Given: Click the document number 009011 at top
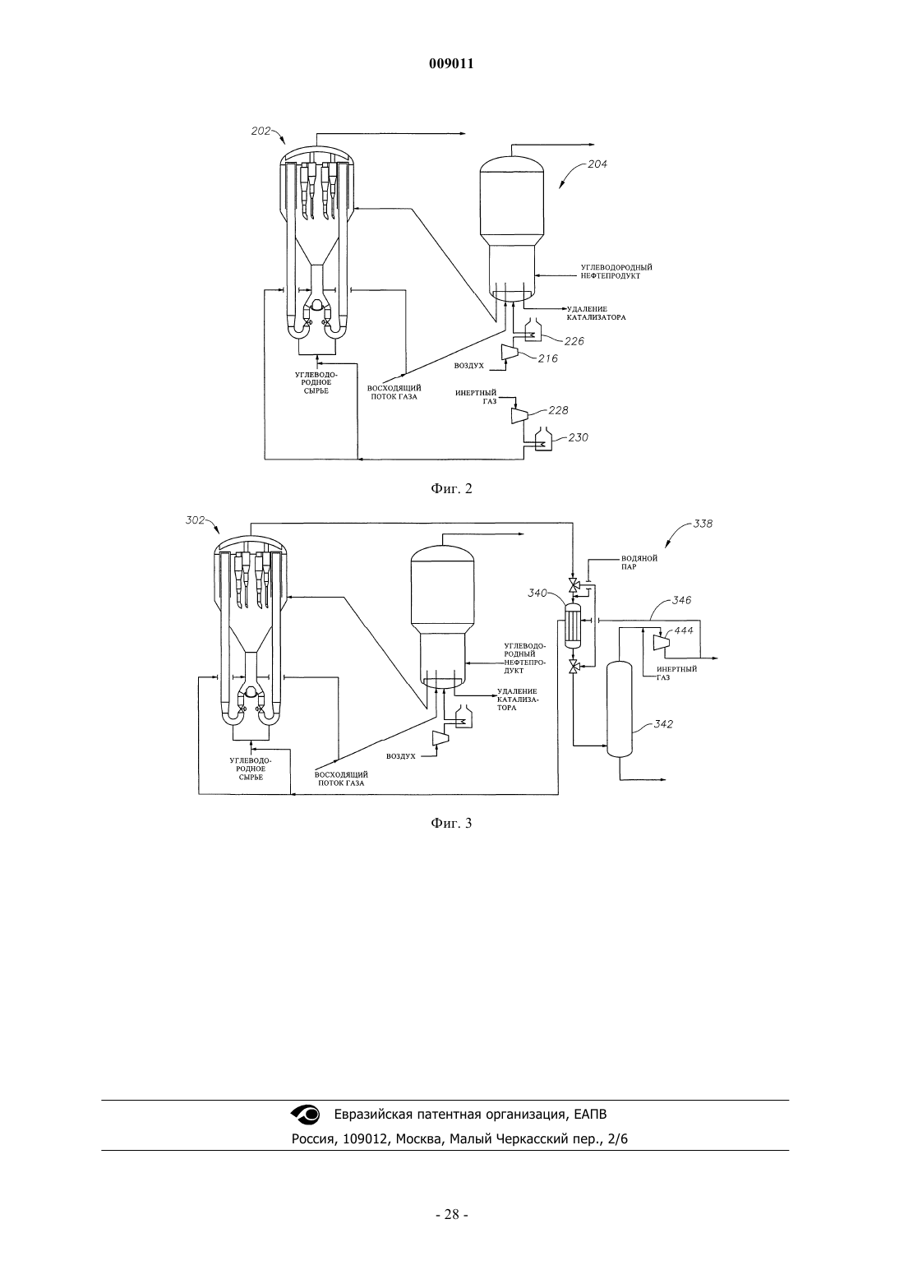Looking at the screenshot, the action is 451,64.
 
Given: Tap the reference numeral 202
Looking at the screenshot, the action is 261,131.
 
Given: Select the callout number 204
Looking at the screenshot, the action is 597,164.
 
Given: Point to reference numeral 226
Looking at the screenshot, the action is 574,341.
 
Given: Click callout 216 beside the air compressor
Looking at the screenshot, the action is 548,358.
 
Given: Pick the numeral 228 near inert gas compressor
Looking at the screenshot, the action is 558,410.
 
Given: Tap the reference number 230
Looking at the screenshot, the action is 578,437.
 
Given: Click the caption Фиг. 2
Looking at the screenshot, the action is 451,489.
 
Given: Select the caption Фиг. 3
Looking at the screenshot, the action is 451,824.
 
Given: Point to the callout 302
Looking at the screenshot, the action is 196,520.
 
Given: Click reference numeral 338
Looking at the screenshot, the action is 703,524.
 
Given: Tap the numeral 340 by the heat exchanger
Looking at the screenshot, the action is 537,593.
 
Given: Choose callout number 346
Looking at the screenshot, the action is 681,600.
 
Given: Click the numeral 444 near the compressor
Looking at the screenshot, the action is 684,631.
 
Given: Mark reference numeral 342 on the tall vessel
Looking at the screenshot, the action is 663,724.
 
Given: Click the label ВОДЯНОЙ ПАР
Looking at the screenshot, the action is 639,563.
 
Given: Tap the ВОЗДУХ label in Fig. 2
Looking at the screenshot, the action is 469,366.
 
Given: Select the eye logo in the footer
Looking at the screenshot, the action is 306,1115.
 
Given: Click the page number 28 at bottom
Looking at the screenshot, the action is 451,1215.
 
